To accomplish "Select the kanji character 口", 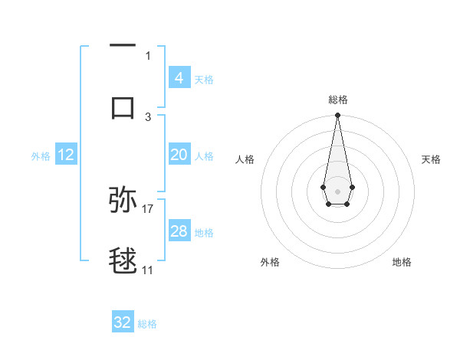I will (x=123, y=107).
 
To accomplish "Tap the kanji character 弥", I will (x=123, y=200).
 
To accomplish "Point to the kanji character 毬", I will (x=123, y=261).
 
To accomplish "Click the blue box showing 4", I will (x=179, y=77).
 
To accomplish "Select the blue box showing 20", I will (x=179, y=155).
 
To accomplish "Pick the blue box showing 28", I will (x=179, y=231).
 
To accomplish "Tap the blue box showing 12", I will (x=66, y=155).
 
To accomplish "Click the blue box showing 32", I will (x=123, y=322).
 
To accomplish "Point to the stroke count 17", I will (x=148, y=208).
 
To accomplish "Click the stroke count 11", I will (x=148, y=270).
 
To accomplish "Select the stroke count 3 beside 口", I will (x=148, y=116).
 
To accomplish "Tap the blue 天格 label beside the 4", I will (x=204, y=79).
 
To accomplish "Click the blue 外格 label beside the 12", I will (x=41, y=156).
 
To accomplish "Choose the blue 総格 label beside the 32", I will (x=147, y=324).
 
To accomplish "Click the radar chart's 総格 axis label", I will (x=337, y=100).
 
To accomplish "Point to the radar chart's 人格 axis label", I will (x=245, y=159).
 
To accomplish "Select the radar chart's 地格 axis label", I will (x=402, y=262).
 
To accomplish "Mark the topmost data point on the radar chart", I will (x=337, y=116).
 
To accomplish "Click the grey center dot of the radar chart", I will (x=337, y=190).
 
